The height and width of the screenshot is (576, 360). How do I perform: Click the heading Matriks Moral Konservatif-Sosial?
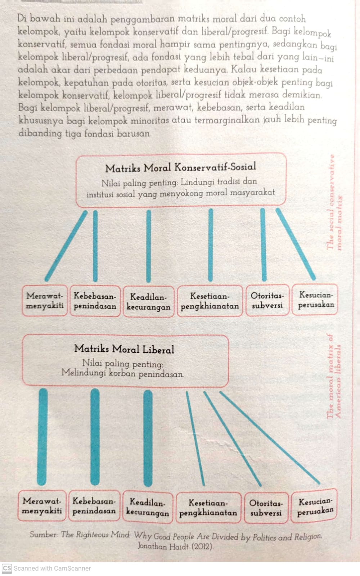(181, 167)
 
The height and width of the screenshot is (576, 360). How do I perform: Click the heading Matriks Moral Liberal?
(124, 349)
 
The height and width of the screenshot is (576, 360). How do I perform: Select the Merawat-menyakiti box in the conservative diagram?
(45, 300)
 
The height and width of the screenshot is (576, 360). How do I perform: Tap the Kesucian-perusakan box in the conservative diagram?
(315, 300)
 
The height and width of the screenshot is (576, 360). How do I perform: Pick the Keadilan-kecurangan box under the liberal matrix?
(148, 507)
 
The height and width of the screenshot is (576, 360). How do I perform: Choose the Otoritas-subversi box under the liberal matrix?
(266, 507)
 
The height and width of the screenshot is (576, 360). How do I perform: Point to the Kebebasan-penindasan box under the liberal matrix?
(94, 505)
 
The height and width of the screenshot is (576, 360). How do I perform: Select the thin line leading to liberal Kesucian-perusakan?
(270, 438)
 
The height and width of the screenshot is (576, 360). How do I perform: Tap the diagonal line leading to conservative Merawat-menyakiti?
(66, 246)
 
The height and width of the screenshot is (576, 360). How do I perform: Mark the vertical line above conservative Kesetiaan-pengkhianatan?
(211, 245)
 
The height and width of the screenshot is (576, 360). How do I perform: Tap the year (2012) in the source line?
(202, 546)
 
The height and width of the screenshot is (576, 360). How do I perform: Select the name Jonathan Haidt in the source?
(163, 546)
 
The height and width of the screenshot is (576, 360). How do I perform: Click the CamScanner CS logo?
(7, 568)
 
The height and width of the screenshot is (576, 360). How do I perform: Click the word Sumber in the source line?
(43, 534)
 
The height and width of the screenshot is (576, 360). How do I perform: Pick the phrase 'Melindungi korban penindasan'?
(123, 373)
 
